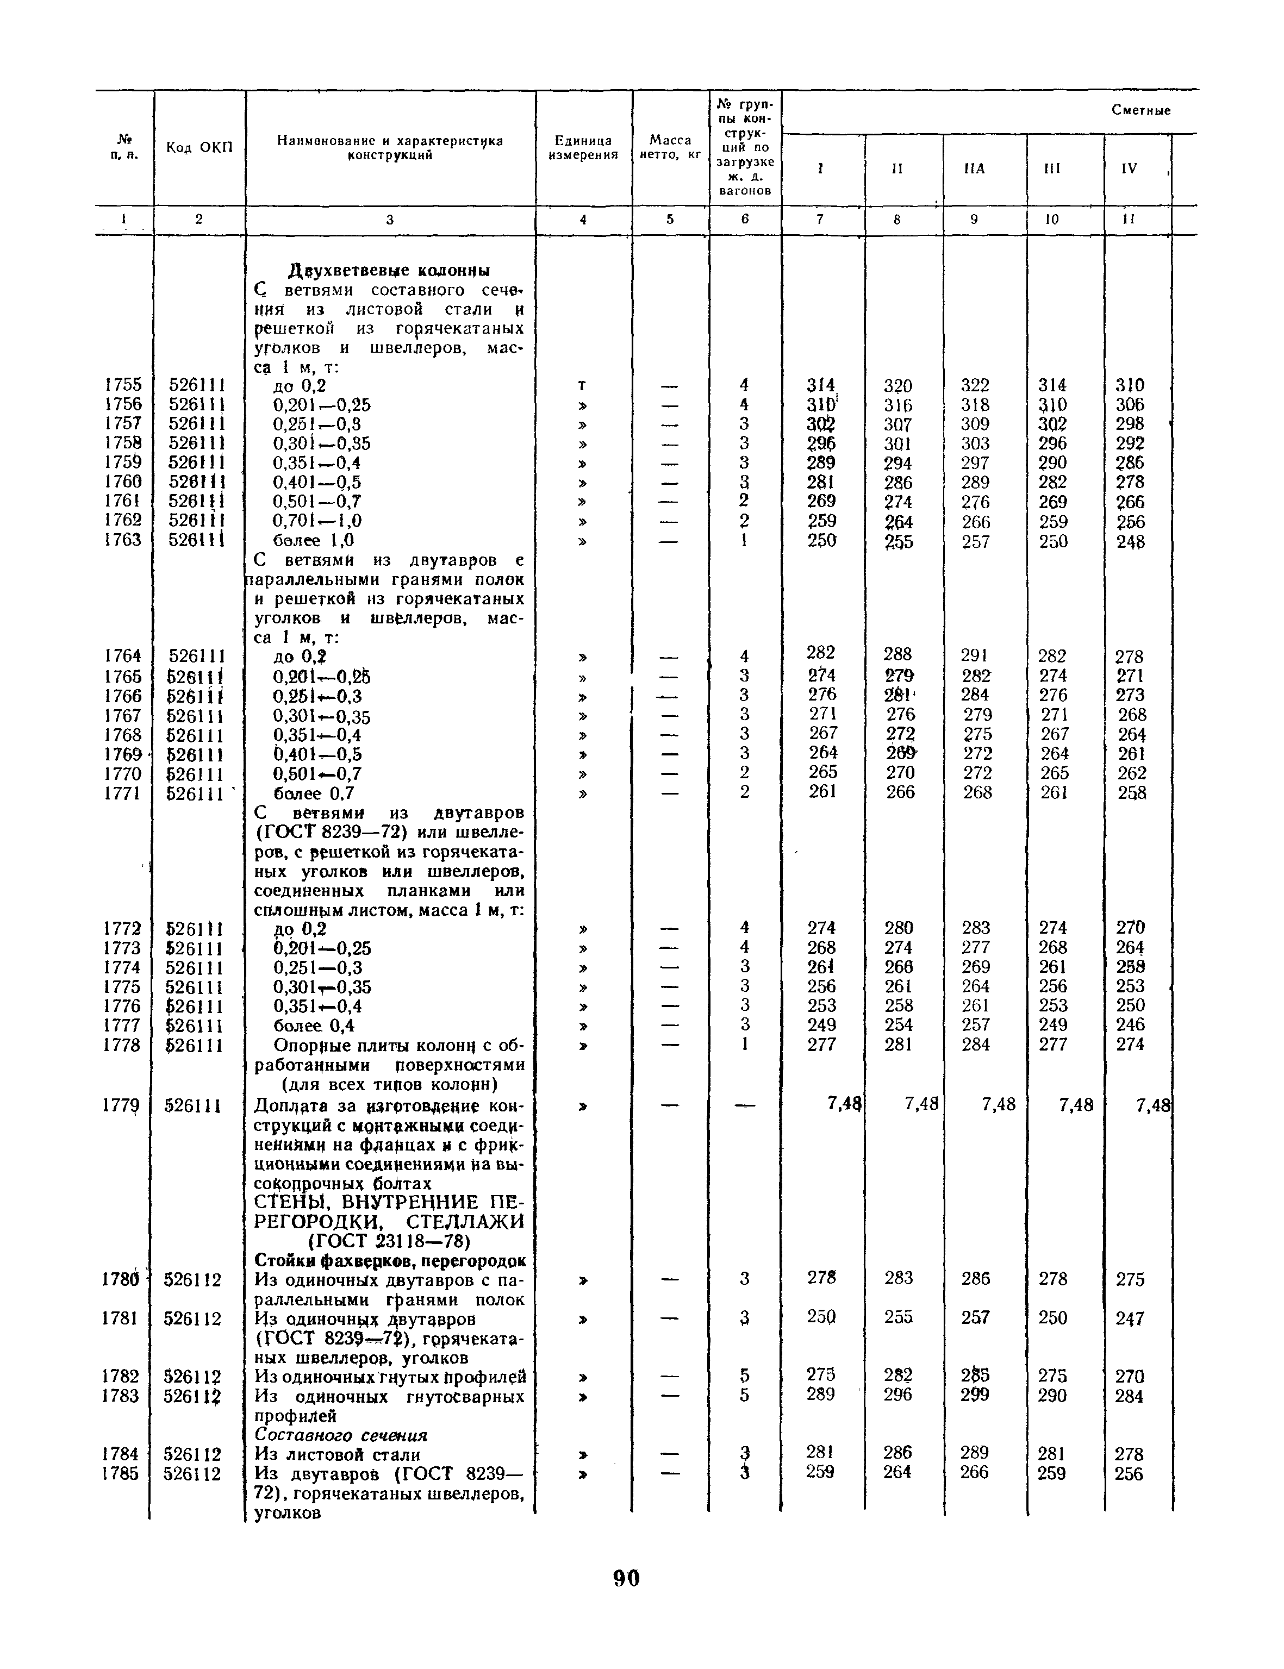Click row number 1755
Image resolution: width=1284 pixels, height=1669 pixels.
123,385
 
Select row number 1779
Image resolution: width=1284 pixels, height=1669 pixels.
122,1105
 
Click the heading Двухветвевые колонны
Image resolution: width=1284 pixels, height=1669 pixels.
389,271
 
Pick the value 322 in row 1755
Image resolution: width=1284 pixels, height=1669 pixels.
975,385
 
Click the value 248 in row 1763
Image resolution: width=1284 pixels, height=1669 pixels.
1130,542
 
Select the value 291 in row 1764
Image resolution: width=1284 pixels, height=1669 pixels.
975,655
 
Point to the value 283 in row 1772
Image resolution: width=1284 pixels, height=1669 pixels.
975,928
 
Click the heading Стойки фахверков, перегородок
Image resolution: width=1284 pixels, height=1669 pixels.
389,1260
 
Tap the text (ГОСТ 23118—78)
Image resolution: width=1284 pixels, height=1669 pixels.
389,1240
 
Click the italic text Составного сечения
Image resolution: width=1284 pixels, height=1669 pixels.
341,1435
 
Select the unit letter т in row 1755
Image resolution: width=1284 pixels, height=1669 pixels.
583,386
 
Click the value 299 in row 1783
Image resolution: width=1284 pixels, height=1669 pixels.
975,1396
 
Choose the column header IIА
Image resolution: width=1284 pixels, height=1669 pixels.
975,170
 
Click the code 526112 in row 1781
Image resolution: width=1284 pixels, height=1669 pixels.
192,1319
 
